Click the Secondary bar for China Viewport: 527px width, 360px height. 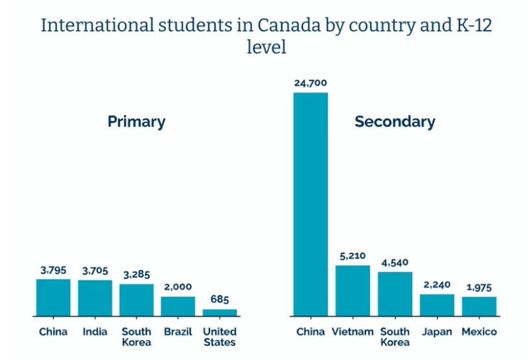pyautogui.click(x=310, y=204)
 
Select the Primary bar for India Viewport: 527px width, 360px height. pyautogui.click(x=95, y=298)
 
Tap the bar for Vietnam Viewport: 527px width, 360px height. pyautogui.click(x=353, y=290)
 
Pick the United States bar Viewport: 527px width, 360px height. pyautogui.click(x=220, y=312)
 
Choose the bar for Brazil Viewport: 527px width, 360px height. pyautogui.click(x=178, y=306)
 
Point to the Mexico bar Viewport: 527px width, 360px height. pyautogui.click(x=479, y=306)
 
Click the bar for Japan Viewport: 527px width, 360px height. pyautogui.click(x=437, y=305)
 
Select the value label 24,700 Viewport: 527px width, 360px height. pyautogui.click(x=310, y=83)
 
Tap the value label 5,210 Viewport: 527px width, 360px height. pyautogui.click(x=353, y=256)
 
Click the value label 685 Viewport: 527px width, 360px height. pyautogui.click(x=220, y=300)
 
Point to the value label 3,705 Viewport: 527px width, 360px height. pyautogui.click(x=95, y=270)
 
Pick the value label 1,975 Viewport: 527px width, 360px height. pyautogui.click(x=479, y=287)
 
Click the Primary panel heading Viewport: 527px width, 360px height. pyautogui.click(x=136, y=121)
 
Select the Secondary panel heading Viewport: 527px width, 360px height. pyautogui.click(x=394, y=121)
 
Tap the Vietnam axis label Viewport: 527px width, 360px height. pyautogui.click(x=353, y=332)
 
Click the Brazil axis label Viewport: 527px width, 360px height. pyautogui.click(x=178, y=332)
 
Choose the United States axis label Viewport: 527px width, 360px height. pyautogui.click(x=220, y=337)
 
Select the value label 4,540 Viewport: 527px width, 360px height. pyautogui.click(x=395, y=263)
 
